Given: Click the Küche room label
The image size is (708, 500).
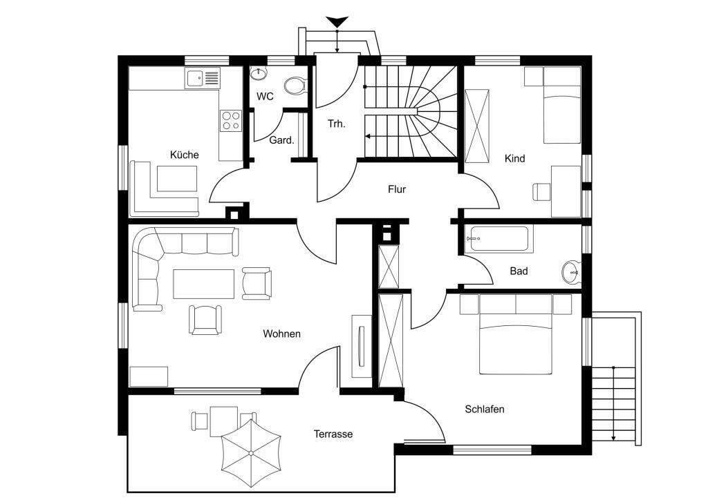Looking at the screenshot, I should (x=184, y=155).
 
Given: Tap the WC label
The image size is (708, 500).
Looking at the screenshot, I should (x=265, y=97).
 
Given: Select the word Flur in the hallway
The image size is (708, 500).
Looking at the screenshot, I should (x=396, y=189).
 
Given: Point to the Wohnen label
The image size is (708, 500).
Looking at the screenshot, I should (x=281, y=334).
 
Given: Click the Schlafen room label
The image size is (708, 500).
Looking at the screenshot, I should (x=484, y=410).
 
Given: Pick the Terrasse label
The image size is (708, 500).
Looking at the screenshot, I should (x=333, y=434).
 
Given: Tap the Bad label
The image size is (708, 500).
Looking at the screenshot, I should (x=519, y=271).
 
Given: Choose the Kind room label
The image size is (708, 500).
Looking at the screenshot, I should (x=514, y=159).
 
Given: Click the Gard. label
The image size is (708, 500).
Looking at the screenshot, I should (x=281, y=140).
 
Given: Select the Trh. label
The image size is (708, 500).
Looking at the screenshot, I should (x=337, y=124).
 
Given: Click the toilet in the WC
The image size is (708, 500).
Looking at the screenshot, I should (x=295, y=86).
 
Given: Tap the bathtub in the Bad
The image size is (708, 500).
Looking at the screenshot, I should (x=498, y=239).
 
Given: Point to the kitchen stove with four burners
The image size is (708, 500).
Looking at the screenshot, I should (x=230, y=121).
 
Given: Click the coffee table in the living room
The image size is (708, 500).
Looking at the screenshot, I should (x=203, y=284).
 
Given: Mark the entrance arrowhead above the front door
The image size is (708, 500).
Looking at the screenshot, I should (x=337, y=23).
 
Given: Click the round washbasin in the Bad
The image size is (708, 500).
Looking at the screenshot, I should (x=572, y=271).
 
